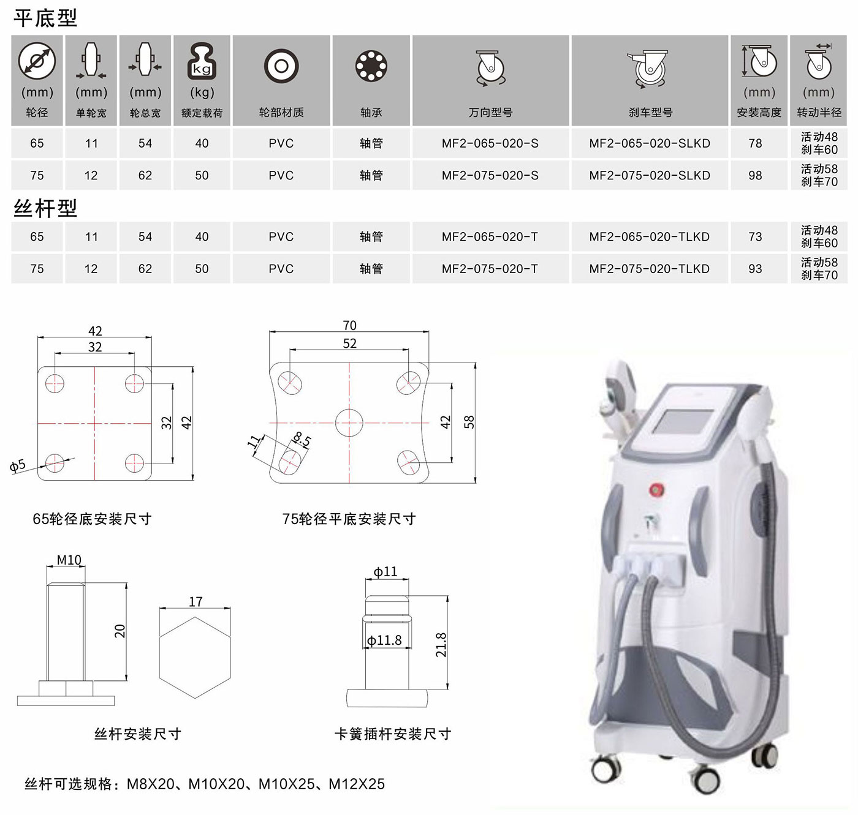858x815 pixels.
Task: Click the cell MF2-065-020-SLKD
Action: pos(650,143)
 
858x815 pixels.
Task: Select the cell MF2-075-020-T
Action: pos(490,269)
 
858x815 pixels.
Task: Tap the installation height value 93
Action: pos(756,269)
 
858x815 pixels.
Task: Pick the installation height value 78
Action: pos(756,143)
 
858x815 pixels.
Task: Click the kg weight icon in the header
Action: pos(202,61)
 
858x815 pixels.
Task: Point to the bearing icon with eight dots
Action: pos(371,66)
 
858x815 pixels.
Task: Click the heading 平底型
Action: pos(45,18)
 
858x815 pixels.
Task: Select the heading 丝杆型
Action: pos(45,208)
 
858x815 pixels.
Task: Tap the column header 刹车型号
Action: pos(650,113)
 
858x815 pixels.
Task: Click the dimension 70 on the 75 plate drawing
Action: pos(349,325)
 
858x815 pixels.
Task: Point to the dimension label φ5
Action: pos(18,466)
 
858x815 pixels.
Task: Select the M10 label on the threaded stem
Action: pos(69,560)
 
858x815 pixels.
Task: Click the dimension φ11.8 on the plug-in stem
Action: pos(384,640)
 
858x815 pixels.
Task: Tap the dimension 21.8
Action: pos(441,645)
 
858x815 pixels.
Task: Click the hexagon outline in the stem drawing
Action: pos(195,617)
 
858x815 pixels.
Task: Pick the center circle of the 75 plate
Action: pos(349,408)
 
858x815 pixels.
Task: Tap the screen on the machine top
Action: pos(682,422)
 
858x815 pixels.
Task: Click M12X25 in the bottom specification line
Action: pos(357,784)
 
